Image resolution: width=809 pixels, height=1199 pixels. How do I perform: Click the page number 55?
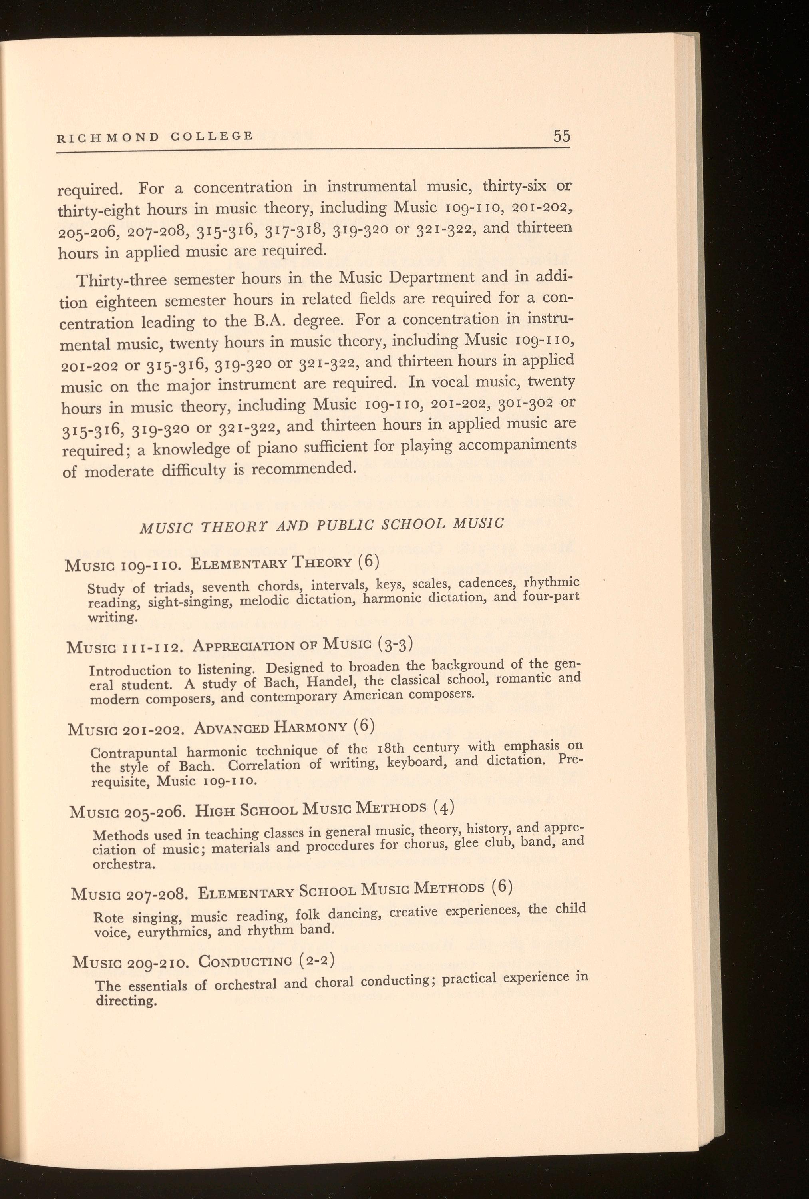(x=561, y=137)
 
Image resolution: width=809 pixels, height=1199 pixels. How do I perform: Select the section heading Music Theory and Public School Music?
(x=322, y=525)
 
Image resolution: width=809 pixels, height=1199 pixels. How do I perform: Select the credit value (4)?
(x=443, y=807)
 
